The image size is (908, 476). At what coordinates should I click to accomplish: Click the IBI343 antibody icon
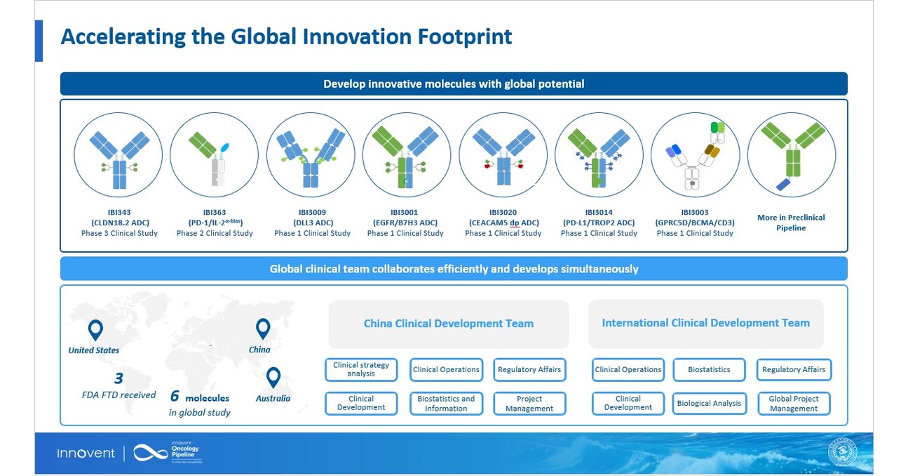tap(118, 155)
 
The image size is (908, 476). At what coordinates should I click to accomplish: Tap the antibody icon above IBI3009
tap(311, 155)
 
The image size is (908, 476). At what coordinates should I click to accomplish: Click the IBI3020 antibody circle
tap(503, 155)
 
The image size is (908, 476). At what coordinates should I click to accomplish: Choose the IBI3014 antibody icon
tap(599, 155)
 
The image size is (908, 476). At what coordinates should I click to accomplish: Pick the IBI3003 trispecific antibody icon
tap(695, 155)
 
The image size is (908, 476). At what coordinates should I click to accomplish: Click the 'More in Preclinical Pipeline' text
tap(791, 223)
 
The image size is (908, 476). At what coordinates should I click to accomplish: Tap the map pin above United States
tap(95, 330)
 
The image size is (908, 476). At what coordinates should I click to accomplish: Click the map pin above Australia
tap(273, 378)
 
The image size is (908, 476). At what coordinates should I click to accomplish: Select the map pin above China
tap(262, 329)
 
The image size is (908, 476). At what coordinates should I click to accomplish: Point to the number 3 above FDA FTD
tap(118, 378)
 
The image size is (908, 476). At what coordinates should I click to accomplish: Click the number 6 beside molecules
tap(175, 396)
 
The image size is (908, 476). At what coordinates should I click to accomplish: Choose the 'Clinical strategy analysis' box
tap(361, 369)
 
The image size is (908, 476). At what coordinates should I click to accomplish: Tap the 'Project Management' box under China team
tap(529, 403)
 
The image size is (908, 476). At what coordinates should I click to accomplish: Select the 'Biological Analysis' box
tap(709, 403)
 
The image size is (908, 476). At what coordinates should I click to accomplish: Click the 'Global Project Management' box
tap(794, 403)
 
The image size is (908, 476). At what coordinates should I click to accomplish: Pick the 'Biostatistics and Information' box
tap(446, 403)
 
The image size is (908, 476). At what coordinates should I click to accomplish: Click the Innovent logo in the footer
tap(86, 454)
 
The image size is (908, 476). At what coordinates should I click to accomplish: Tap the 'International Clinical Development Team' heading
tap(705, 323)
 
